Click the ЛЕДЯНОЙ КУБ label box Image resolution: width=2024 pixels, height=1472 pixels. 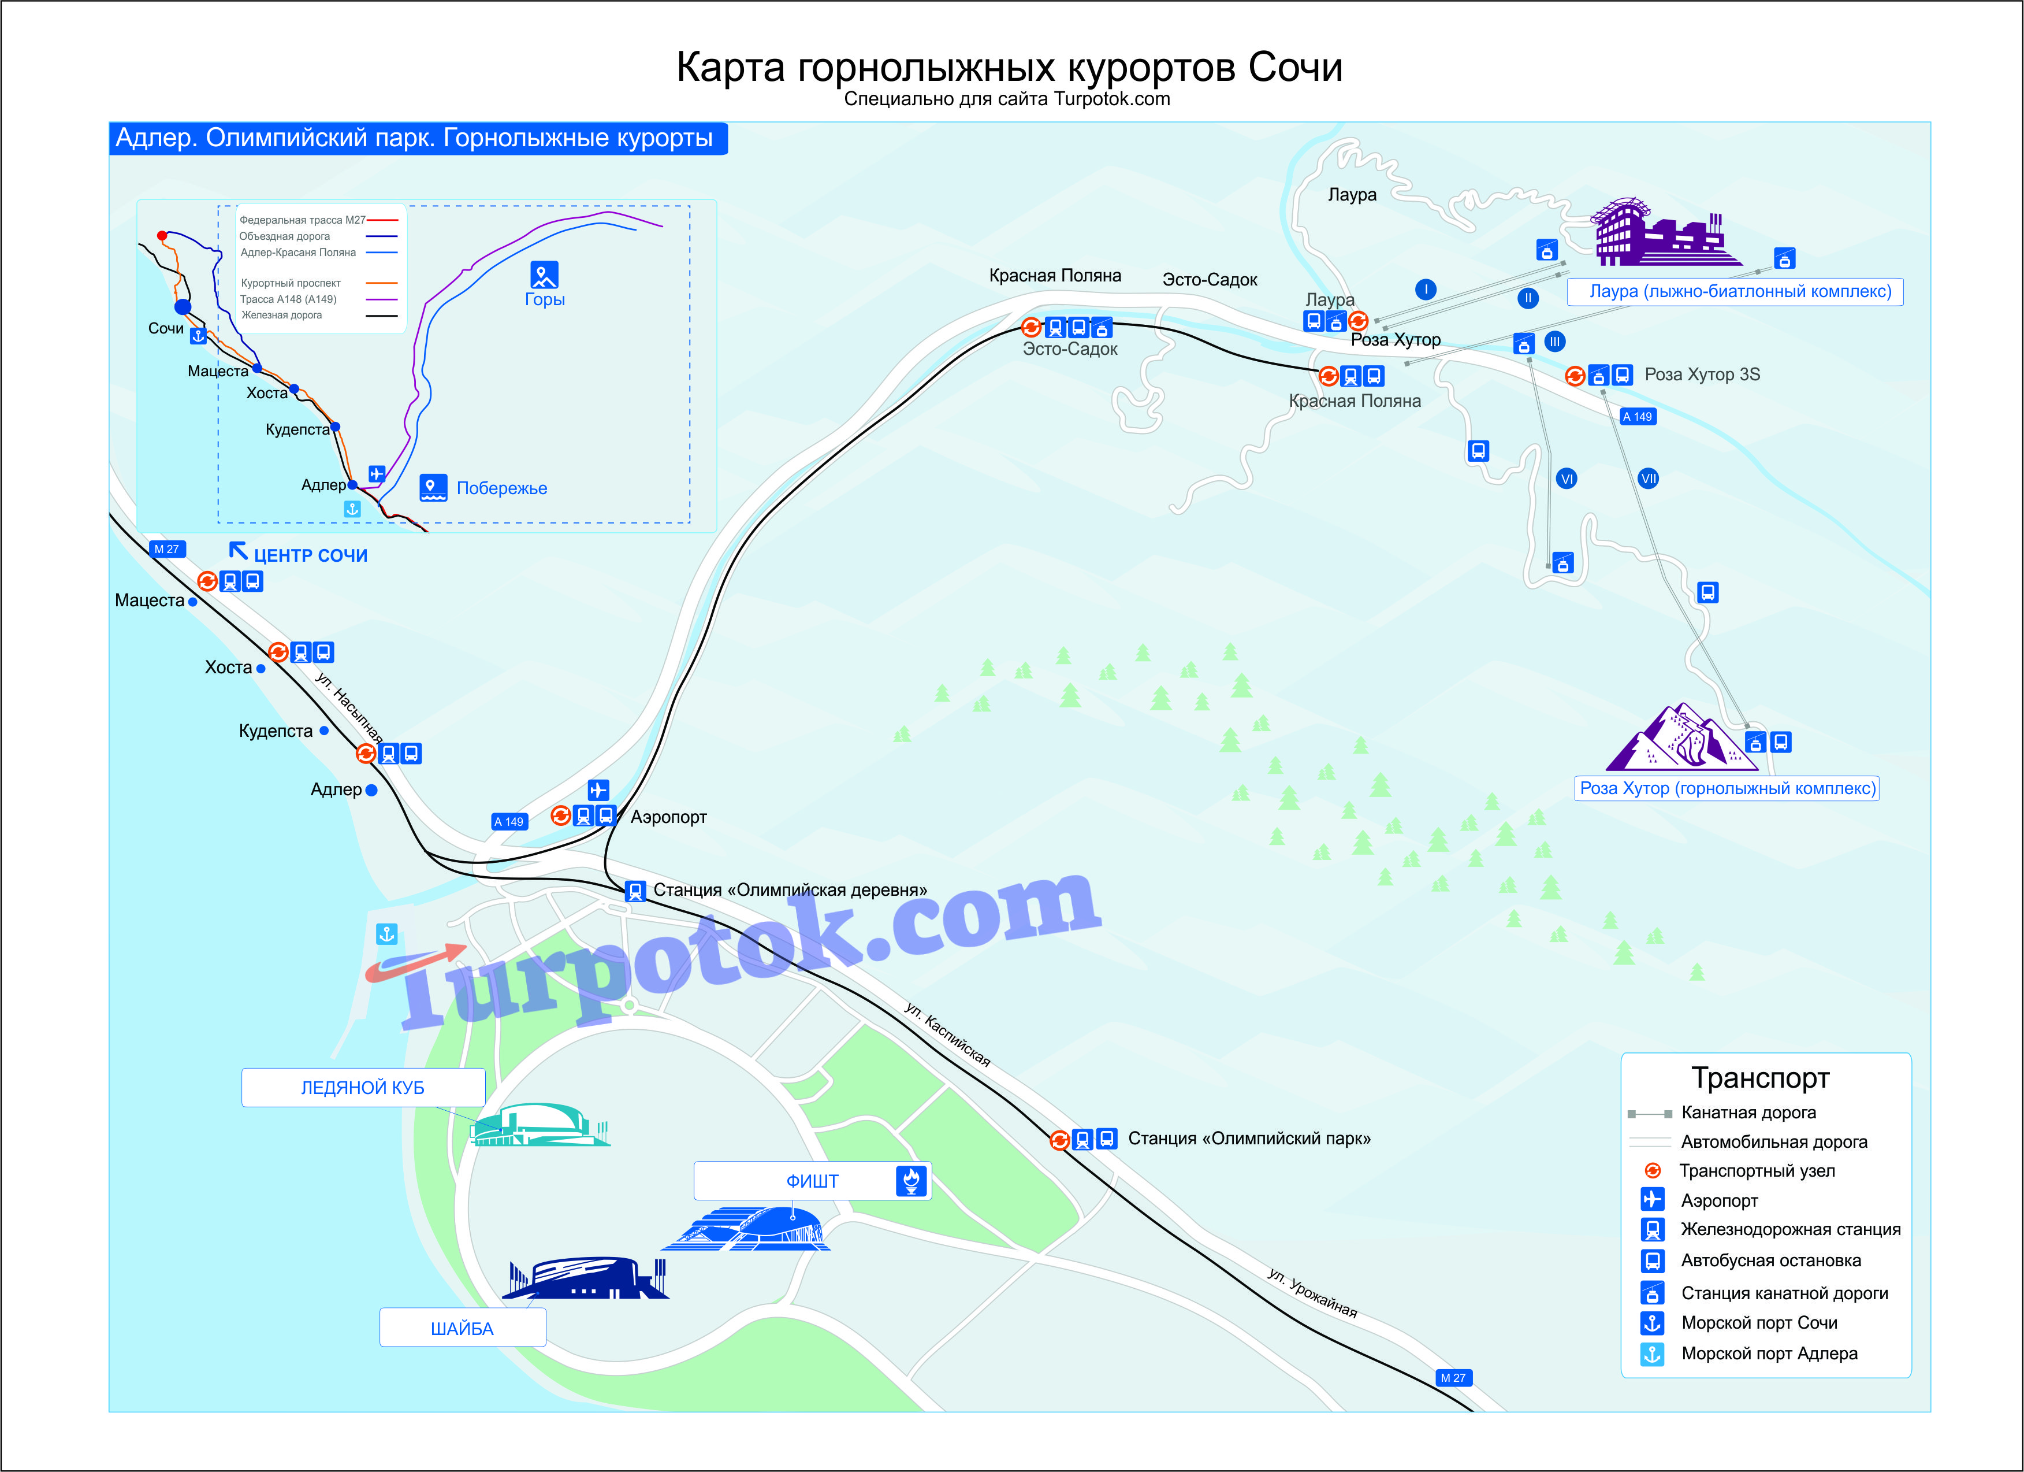pyautogui.click(x=363, y=1087)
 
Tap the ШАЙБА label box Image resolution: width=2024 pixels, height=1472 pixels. pyautogui.click(x=462, y=1328)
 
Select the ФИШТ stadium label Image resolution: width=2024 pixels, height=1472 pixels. pyautogui.click(x=812, y=1181)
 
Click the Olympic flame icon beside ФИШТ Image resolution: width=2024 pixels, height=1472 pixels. pyautogui.click(x=911, y=1181)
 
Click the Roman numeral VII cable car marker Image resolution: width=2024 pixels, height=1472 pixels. pyautogui.click(x=1649, y=479)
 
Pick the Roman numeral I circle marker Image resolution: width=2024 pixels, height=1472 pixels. pyautogui.click(x=1426, y=289)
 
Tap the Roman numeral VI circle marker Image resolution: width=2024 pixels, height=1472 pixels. pyautogui.click(x=1566, y=479)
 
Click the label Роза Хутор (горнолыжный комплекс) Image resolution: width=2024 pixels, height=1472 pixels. pyautogui.click(x=1727, y=788)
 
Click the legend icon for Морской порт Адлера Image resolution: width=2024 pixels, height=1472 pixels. pyautogui.click(x=1653, y=1354)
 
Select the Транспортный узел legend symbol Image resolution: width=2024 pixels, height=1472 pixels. pyautogui.click(x=1653, y=1170)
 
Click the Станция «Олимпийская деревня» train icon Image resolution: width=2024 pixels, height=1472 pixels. pyautogui.click(x=635, y=891)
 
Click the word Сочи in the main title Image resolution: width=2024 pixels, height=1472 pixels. pyautogui.click(x=1296, y=68)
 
